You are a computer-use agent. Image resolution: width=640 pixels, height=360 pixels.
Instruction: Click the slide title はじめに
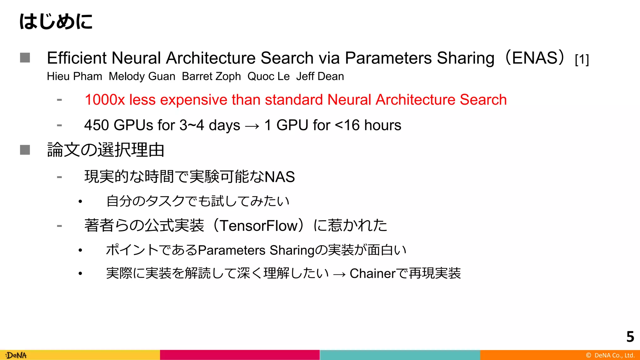(x=56, y=22)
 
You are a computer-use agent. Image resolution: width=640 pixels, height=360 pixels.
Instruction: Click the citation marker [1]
(x=582, y=59)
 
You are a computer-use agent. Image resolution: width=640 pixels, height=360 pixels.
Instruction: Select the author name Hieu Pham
(x=74, y=77)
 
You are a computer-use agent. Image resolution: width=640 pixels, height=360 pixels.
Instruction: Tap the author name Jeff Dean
(x=320, y=77)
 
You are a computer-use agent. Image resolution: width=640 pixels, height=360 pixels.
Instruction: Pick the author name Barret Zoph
(x=211, y=77)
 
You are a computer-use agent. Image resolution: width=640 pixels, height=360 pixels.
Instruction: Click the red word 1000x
(x=105, y=100)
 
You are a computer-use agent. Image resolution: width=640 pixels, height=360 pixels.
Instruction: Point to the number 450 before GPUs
(x=97, y=125)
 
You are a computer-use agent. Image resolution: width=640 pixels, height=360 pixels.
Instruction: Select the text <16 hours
(x=368, y=125)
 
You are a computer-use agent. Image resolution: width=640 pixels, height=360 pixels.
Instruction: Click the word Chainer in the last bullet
(x=372, y=274)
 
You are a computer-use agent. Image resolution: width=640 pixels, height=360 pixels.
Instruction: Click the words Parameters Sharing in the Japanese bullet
(x=256, y=250)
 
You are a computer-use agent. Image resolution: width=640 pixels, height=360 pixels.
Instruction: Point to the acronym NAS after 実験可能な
(x=280, y=177)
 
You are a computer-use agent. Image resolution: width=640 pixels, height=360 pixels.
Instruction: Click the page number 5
(x=630, y=337)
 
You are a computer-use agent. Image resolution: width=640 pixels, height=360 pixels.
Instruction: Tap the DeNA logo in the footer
(x=16, y=355)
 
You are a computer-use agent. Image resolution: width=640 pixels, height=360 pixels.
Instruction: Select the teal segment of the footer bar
(x=400, y=355)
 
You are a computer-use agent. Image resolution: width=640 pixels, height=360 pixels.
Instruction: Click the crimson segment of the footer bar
(x=240, y=355)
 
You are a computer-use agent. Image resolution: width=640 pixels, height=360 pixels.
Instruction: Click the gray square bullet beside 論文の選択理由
(x=25, y=150)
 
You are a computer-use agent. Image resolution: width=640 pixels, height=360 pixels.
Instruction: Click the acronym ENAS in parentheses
(x=535, y=58)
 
